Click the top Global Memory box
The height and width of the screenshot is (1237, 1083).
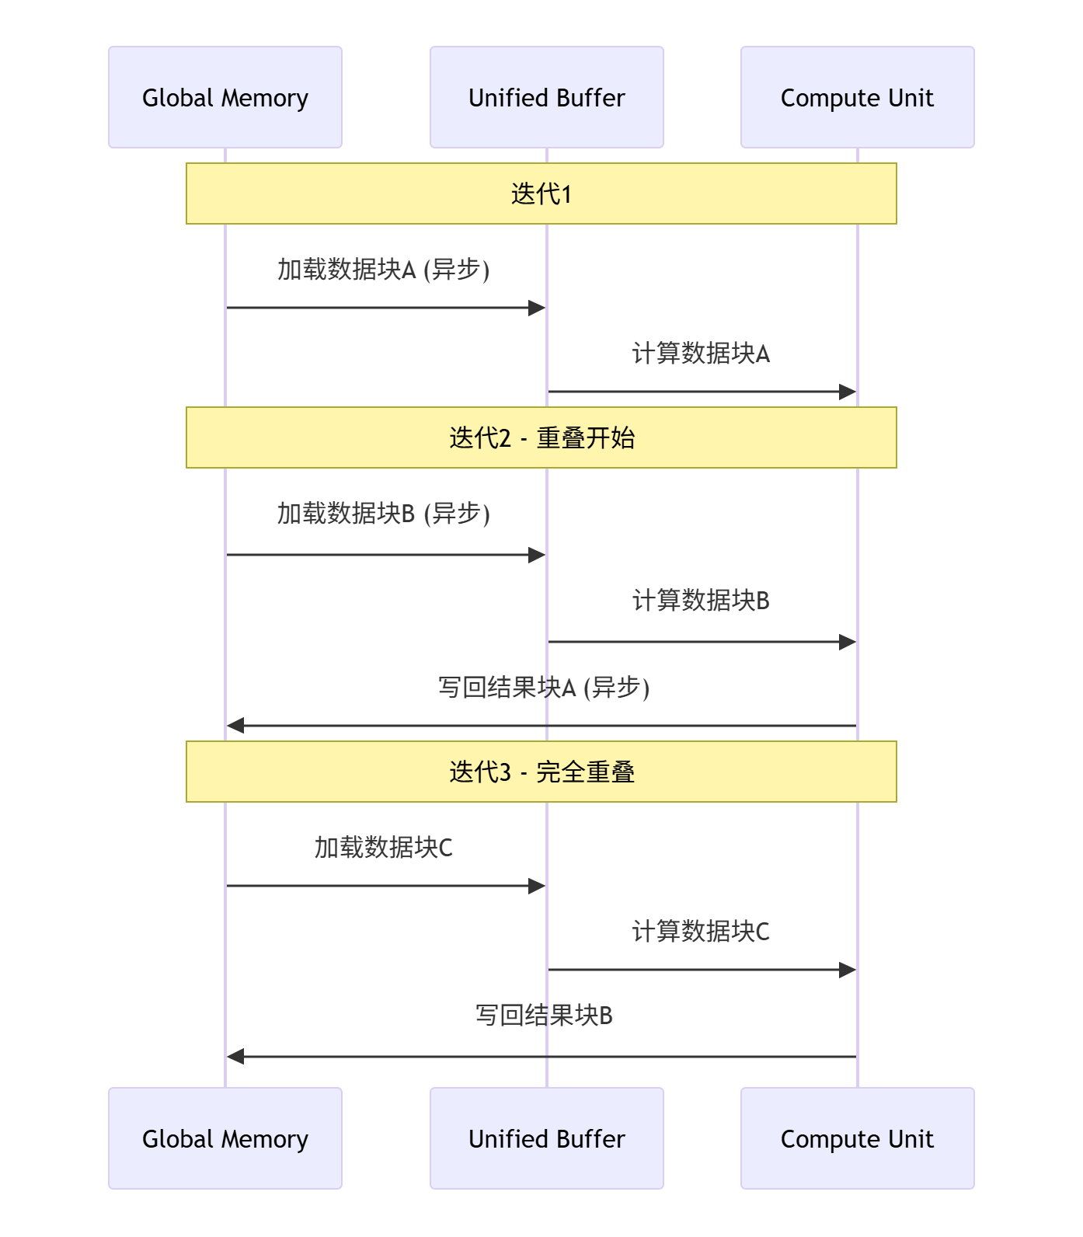tap(225, 97)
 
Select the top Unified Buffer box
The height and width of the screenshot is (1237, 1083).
tap(546, 97)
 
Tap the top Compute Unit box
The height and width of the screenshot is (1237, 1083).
tap(857, 97)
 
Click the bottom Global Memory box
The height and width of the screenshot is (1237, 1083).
tap(225, 1138)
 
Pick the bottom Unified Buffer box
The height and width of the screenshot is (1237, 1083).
tap(546, 1138)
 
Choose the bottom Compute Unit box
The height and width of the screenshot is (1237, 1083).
tap(857, 1138)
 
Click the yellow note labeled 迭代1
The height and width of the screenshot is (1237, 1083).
tap(541, 193)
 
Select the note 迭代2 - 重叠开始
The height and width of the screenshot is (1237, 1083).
tap(541, 437)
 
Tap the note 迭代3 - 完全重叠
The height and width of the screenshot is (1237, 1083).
tap(541, 772)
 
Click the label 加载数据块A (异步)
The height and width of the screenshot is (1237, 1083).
tap(384, 270)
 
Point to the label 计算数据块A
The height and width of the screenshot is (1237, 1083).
tap(701, 354)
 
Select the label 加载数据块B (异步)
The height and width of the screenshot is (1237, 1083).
tap(384, 514)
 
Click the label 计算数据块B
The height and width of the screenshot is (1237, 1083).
tap(701, 601)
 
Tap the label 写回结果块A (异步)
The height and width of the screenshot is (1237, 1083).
tap(544, 688)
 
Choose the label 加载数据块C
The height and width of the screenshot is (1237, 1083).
tap(384, 848)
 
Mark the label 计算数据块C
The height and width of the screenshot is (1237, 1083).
tap(701, 932)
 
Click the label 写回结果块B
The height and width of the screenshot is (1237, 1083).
tap(544, 1016)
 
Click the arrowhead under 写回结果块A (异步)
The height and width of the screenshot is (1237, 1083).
tap(235, 726)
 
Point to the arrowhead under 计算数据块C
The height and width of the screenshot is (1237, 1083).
tap(848, 970)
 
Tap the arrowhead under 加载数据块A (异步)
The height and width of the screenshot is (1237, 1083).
tap(537, 308)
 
